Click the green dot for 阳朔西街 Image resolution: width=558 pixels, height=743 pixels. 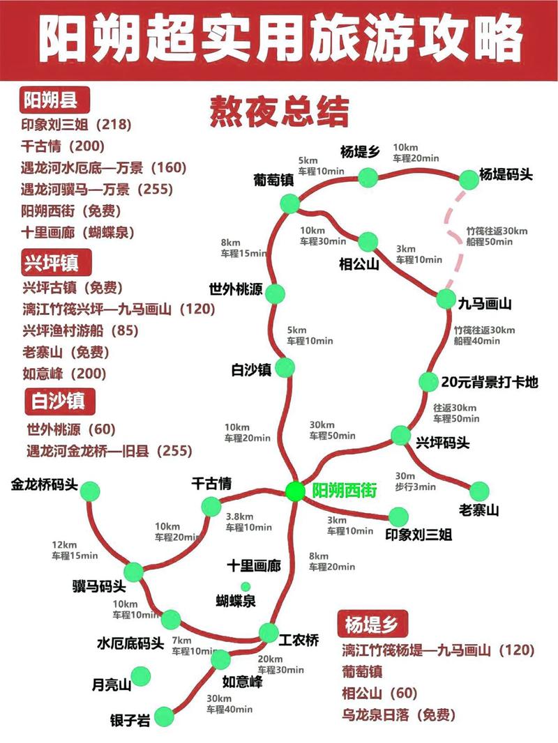295,491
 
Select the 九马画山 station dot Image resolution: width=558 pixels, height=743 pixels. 446,299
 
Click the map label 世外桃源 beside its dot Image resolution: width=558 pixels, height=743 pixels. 236,289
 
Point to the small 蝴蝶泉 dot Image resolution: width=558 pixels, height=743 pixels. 246,586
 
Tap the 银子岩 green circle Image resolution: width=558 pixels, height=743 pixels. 164,716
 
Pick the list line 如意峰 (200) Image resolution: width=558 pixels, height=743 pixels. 64,374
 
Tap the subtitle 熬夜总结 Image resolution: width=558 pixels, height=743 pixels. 279,112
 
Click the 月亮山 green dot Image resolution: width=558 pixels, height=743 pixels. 142,675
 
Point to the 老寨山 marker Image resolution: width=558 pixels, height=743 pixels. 481,491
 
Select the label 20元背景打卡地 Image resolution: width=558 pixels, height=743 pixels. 490,382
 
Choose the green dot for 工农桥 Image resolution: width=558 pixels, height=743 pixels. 269,633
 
